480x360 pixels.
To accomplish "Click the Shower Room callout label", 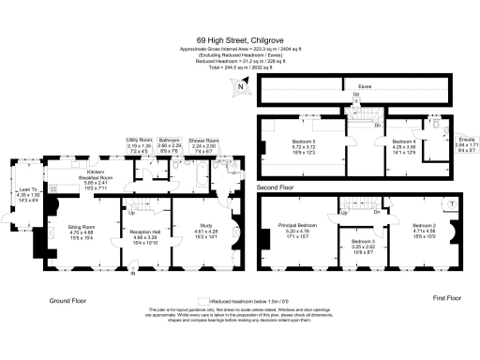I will [x=203, y=146].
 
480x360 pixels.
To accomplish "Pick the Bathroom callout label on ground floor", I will [x=170, y=145].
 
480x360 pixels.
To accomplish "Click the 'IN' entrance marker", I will [x=133, y=273].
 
